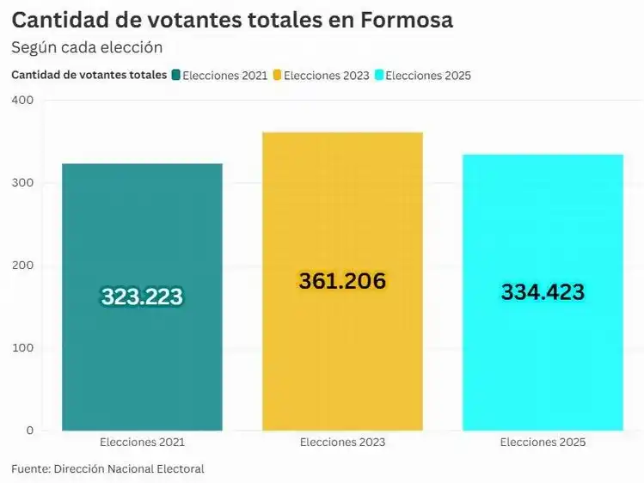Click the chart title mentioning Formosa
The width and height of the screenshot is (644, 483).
[231, 21]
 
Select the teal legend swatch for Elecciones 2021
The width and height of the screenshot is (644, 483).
[176, 75]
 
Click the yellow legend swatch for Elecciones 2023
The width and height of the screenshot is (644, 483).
[278, 75]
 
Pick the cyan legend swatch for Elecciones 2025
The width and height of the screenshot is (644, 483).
[379, 75]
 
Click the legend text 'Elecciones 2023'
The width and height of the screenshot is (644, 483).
[326, 76]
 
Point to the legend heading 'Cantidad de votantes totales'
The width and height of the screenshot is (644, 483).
[89, 75]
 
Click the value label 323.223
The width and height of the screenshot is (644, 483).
[142, 297]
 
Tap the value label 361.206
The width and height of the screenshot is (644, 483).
[342, 281]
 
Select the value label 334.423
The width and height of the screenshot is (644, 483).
[543, 292]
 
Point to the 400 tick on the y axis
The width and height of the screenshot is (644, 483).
[22, 101]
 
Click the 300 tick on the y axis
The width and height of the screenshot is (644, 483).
[22, 183]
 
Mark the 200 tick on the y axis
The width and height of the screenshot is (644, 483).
[22, 266]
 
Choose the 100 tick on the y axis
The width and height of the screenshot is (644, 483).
[22, 348]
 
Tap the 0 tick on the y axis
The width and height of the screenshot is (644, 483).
[28, 431]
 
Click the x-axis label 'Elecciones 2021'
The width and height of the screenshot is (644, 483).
[142, 443]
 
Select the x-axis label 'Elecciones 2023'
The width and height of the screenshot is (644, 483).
[342, 443]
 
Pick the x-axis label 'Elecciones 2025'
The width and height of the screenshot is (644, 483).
[543, 443]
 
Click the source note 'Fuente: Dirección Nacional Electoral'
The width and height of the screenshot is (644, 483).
[107, 468]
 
